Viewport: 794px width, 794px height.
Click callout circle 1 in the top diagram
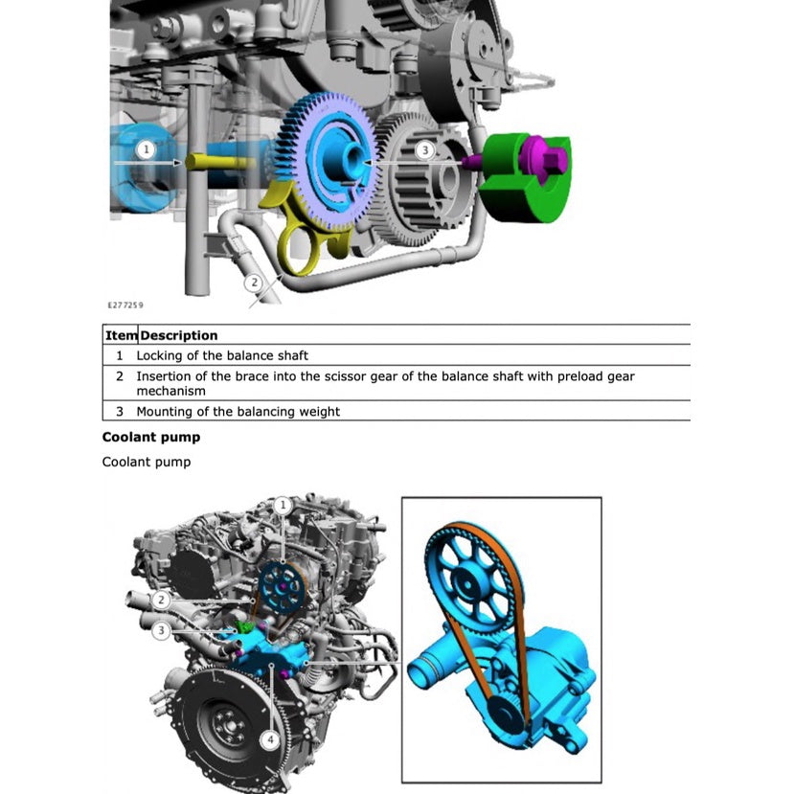pos(145,149)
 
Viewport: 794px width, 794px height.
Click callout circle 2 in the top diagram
pos(253,282)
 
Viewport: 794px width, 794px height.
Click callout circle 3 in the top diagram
pos(424,149)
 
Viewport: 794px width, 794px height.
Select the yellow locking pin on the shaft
pos(207,161)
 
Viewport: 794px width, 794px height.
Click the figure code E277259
pos(125,306)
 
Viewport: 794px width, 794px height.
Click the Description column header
pos(179,335)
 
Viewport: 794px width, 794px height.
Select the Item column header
pos(121,335)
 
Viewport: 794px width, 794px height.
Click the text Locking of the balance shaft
pos(222,355)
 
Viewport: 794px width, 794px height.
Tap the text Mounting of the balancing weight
pos(238,412)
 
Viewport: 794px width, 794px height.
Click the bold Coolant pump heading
pos(151,438)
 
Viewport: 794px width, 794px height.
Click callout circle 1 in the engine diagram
pos(282,505)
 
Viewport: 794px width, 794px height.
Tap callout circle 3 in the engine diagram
pos(164,630)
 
